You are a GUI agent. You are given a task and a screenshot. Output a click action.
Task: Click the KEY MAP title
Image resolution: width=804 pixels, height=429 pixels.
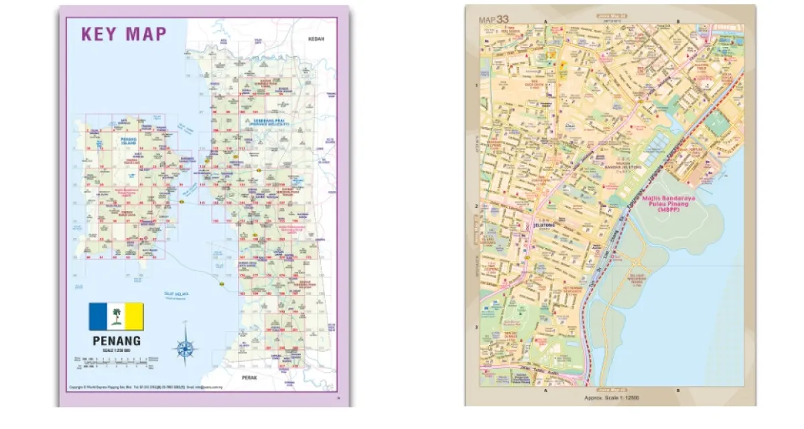pos(124,34)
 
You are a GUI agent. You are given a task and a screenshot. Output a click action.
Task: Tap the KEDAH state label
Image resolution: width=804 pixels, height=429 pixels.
pos(316,39)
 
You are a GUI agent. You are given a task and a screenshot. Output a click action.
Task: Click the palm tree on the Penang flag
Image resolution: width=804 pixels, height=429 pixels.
pos(117,316)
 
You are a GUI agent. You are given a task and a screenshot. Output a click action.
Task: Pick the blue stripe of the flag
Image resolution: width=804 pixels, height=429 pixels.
pos(98,316)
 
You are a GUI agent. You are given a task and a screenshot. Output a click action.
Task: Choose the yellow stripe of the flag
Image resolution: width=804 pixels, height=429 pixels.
pos(135,316)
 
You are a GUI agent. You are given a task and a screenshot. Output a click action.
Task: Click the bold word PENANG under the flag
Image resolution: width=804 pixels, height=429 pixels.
pos(117,341)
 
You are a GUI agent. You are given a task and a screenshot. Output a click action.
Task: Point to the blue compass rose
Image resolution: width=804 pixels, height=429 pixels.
pos(185,348)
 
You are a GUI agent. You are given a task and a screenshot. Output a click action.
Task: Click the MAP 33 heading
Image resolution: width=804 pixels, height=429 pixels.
pos(494,19)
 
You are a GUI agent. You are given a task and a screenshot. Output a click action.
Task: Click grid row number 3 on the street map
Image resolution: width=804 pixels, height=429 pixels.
pos(476,327)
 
